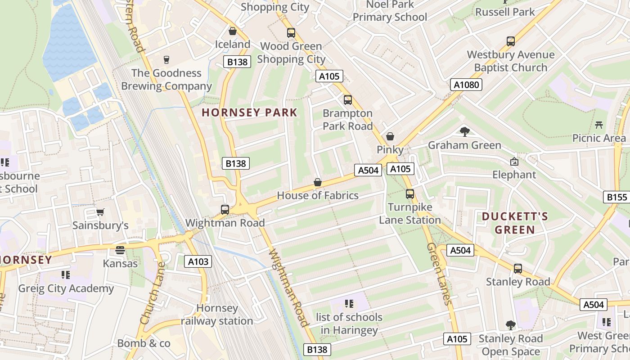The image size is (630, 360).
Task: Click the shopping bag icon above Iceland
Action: [233, 31]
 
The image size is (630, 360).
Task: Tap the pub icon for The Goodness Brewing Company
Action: [166, 60]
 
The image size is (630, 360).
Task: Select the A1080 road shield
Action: [466, 85]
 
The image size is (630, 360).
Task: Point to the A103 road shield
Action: [198, 261]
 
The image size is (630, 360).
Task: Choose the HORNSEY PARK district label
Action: [249, 112]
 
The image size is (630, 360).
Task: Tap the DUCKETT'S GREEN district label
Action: [515, 223]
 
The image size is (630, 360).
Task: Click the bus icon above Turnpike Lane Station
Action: [410, 194]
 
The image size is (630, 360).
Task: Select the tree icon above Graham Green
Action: [465, 132]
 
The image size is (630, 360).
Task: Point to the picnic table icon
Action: [598, 125]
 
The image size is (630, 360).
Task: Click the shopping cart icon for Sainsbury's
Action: [100, 212]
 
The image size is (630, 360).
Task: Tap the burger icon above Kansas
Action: [120, 250]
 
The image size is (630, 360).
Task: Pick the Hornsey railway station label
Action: [217, 315]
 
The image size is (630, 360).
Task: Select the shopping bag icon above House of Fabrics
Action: [318, 182]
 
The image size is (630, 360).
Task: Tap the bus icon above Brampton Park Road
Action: [348, 100]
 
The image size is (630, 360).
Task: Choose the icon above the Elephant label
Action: [514, 161]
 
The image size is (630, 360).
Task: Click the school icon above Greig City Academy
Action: [66, 275]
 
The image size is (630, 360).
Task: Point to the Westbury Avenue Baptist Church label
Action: [511, 61]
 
